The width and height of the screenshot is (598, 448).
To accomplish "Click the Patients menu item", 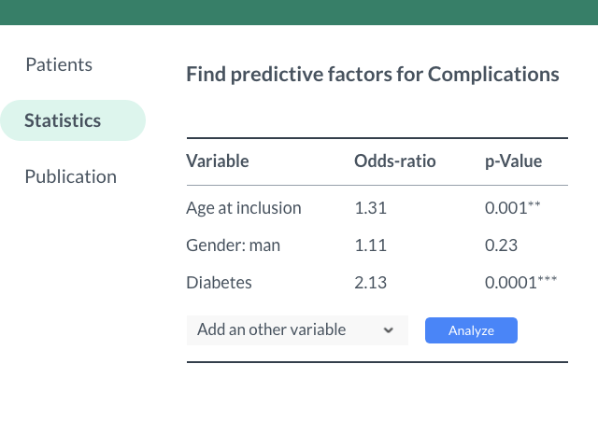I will [x=58, y=64].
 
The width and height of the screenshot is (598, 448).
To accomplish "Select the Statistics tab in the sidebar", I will [x=63, y=120].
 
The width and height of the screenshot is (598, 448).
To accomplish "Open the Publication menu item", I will [x=70, y=176].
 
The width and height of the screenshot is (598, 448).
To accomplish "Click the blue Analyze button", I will [x=471, y=330].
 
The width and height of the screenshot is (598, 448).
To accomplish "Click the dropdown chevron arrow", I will [x=388, y=330].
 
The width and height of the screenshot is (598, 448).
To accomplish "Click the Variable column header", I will [x=217, y=161].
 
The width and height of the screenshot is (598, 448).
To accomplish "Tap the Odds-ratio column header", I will [x=394, y=161].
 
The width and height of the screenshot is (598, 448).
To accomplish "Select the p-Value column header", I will [x=513, y=161].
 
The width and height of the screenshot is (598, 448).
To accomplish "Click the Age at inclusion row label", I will [x=243, y=208].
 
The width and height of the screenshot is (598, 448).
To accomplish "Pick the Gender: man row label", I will [x=233, y=245].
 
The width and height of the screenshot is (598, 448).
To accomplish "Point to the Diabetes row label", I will [x=219, y=283].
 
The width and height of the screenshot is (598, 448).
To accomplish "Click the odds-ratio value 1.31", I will [x=370, y=208].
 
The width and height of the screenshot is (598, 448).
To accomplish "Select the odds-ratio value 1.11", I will [x=370, y=245].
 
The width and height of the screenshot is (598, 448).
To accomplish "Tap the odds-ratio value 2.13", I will [x=370, y=283].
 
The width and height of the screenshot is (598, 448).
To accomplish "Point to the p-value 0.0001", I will [x=510, y=283].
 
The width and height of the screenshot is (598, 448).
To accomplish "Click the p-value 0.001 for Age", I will [x=505, y=208].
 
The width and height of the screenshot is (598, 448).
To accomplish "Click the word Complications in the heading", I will [x=493, y=75].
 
